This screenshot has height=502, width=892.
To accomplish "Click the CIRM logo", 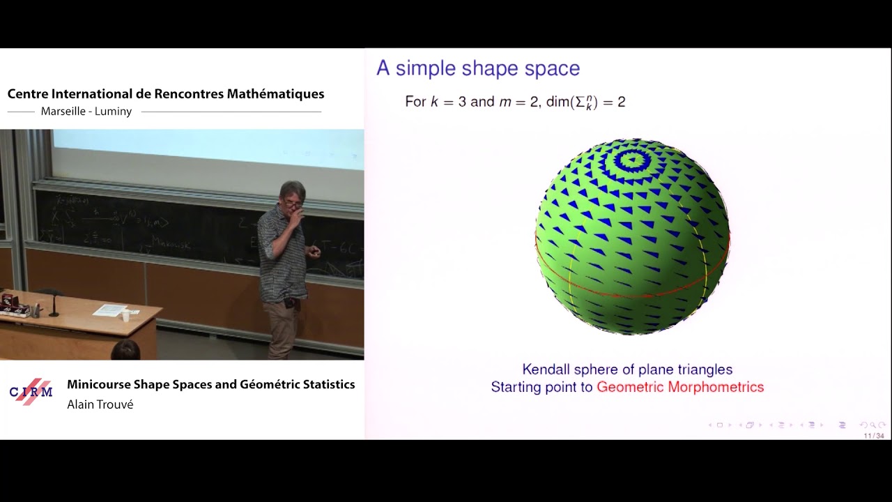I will coord(31,391).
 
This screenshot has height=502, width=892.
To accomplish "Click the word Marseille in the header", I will coord(61,112).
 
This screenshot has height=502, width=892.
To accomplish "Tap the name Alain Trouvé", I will coord(100,404).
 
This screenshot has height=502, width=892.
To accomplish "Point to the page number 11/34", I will coord(873,436).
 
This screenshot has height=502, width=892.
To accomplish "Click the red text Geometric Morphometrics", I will coord(680,387).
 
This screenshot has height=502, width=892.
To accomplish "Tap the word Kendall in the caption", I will coord(548,370).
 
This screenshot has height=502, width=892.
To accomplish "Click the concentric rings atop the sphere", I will coord(632,160).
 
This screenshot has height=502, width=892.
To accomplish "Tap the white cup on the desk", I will coord(125,316).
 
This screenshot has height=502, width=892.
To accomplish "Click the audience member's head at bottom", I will coord(125,350).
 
